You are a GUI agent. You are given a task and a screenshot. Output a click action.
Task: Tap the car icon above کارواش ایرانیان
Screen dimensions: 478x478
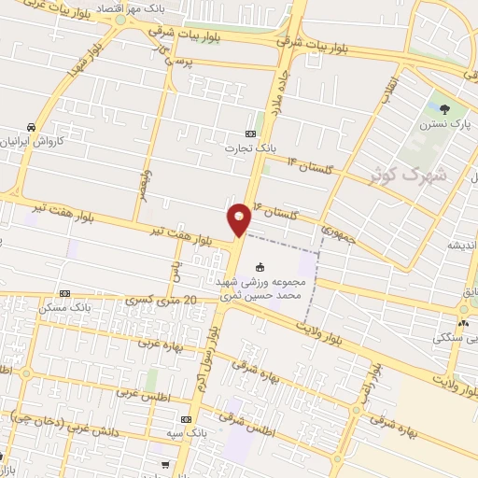click(x=31, y=126)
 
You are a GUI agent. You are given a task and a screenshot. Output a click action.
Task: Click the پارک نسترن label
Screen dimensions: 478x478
click(x=443, y=122)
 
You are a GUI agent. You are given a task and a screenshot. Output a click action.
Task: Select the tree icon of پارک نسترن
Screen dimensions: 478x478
click(x=443, y=109)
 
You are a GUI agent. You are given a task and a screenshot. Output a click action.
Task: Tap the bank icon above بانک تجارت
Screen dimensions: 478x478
click(x=249, y=134)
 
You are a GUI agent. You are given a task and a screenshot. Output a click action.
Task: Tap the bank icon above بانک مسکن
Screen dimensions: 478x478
click(x=64, y=293)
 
